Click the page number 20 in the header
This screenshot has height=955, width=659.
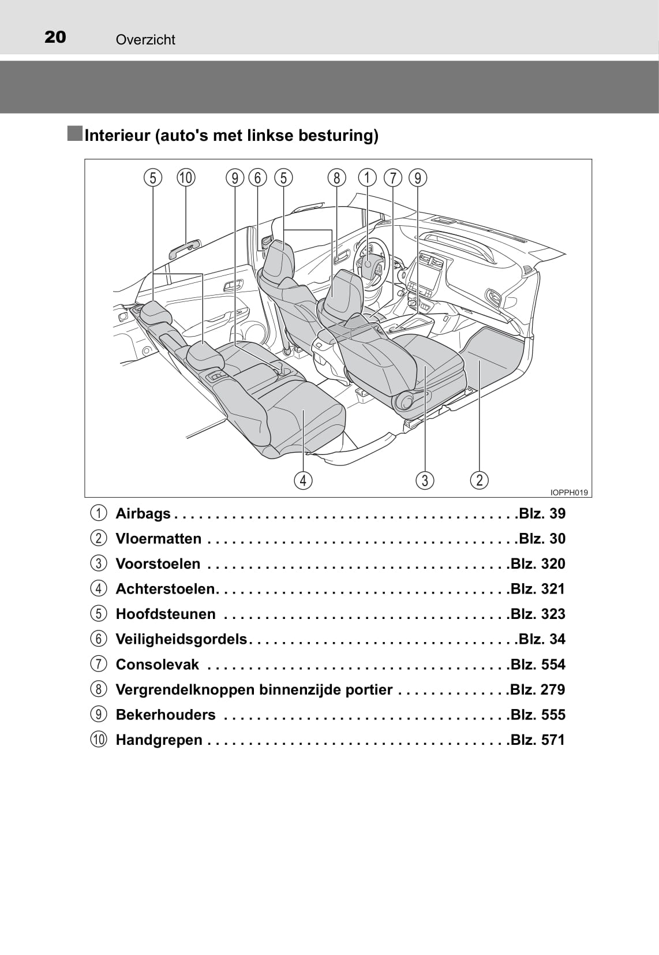click(x=55, y=38)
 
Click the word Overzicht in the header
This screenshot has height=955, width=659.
click(x=145, y=40)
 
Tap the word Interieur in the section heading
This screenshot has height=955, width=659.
click(x=118, y=136)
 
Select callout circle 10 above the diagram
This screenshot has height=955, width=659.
click(x=186, y=178)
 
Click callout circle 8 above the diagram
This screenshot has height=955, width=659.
click(x=336, y=178)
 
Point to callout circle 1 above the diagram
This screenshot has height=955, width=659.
click(x=367, y=178)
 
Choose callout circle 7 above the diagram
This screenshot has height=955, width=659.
click(x=393, y=178)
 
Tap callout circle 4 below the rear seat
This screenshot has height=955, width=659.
click(x=303, y=480)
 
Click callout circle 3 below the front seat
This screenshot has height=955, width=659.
click(x=425, y=480)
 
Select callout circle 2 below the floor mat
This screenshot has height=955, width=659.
click(x=479, y=480)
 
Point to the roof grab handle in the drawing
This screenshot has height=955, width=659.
click(x=185, y=249)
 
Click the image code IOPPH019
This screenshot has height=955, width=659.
click(x=569, y=493)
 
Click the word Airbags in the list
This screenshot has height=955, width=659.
click(x=143, y=513)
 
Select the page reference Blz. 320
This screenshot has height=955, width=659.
click(x=538, y=564)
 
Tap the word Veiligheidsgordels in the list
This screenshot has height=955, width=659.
click(x=181, y=639)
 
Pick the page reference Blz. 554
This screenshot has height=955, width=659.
click(x=538, y=664)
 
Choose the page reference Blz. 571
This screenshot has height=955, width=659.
click(x=538, y=740)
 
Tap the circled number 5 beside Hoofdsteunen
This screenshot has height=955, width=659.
click(x=99, y=614)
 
